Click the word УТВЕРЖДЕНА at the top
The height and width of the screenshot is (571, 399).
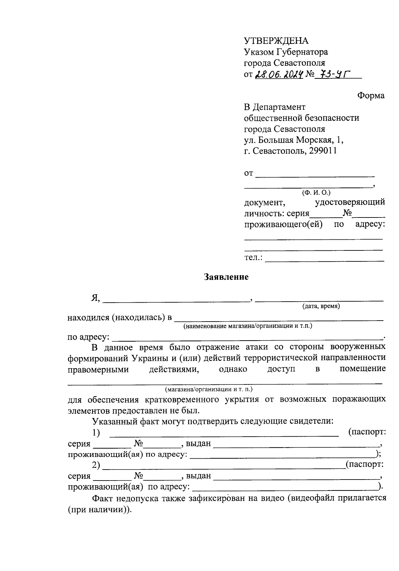coord(276,41)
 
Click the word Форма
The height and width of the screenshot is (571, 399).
coord(371,96)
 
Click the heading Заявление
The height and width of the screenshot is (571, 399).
coord(226,277)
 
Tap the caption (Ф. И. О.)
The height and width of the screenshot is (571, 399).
coord(316,193)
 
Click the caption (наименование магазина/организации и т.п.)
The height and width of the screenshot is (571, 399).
coord(248,326)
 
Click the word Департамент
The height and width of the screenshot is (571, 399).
coord(279,107)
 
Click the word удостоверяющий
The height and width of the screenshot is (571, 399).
coord(350,202)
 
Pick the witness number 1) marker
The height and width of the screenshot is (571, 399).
coord(96,433)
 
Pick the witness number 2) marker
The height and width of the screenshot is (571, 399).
coord(96,465)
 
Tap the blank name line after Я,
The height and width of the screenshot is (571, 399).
coord(176,301)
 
